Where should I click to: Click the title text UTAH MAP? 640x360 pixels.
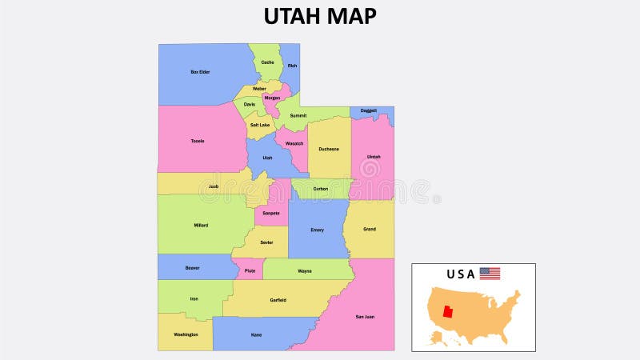pyautogui.click(x=320, y=16)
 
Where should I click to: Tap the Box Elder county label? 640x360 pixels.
pyautogui.click(x=200, y=72)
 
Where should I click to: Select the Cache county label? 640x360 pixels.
pyautogui.click(x=267, y=62)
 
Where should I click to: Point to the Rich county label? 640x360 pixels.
pyautogui.click(x=292, y=66)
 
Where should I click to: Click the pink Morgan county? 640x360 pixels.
pyautogui.click(x=272, y=98)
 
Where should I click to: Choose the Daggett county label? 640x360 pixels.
pyautogui.click(x=369, y=110)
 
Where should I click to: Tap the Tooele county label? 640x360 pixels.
pyautogui.click(x=198, y=141)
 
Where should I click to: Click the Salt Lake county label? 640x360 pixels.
pyautogui.click(x=259, y=125)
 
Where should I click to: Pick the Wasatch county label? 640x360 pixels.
pyautogui.click(x=294, y=143)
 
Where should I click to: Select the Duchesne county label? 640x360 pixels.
pyautogui.click(x=329, y=149)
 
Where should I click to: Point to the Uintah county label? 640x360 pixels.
pyautogui.click(x=374, y=157)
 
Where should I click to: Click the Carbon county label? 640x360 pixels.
pyautogui.click(x=321, y=189)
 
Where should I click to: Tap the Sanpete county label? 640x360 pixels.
pyautogui.click(x=270, y=213)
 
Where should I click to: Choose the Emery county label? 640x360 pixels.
pyautogui.click(x=318, y=230)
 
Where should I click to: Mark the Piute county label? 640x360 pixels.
pyautogui.click(x=250, y=271)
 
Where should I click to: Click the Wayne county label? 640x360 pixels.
pyautogui.click(x=305, y=271)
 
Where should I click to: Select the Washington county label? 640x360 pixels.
pyautogui.click(x=186, y=334)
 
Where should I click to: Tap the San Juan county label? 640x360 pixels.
pyautogui.click(x=365, y=317)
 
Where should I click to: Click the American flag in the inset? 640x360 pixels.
pyautogui.click(x=490, y=274)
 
